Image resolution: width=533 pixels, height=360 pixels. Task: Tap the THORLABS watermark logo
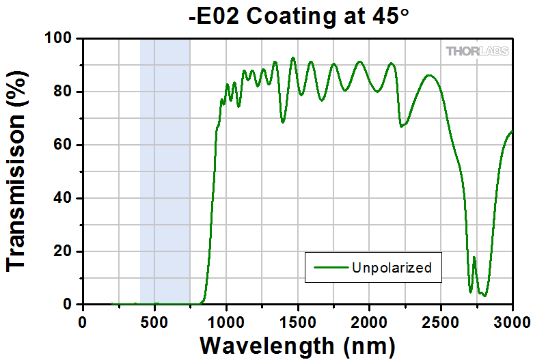[476, 51]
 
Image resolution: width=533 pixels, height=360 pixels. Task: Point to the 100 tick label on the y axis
[61, 39]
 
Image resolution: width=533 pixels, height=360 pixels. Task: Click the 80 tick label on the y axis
[65, 92]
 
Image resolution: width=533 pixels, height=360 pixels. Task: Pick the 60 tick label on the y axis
[65, 145]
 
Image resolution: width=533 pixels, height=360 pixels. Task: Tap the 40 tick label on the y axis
[65, 198]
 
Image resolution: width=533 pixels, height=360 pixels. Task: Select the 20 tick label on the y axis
[65, 251]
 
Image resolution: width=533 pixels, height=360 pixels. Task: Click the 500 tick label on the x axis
[154, 320]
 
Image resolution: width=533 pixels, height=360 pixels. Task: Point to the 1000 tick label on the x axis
[226, 320]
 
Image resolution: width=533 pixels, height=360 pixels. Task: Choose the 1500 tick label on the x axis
[298, 320]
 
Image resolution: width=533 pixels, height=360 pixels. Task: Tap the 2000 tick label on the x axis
[370, 320]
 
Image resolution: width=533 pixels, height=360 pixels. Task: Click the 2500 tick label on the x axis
[441, 320]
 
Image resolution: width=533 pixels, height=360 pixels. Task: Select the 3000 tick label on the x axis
[512, 320]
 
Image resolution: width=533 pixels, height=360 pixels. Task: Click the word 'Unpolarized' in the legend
[392, 267]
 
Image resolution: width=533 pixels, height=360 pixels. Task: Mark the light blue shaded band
[165, 171]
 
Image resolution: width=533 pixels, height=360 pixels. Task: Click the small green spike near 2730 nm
[474, 258]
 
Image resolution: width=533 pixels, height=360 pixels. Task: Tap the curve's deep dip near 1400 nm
[282, 122]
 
